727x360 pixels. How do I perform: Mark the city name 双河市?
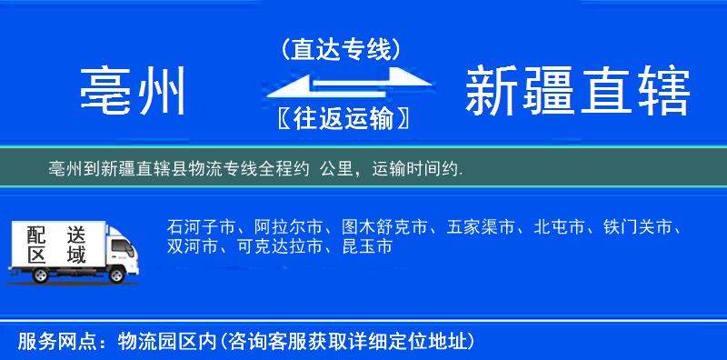coord(192,246)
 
